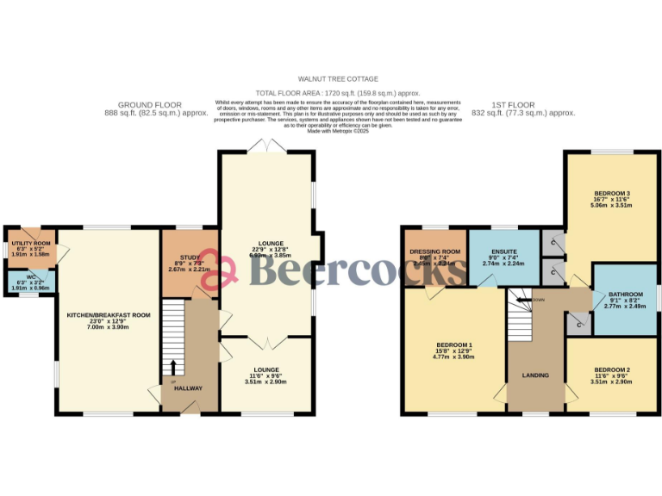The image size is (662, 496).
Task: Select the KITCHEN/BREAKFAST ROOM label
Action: click(109, 315)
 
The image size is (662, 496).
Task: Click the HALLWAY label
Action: click(188, 388)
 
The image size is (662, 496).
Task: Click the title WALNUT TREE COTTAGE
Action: click(331, 78)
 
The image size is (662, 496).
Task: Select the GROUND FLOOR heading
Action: click(156, 103)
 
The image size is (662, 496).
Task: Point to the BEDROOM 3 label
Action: click(611, 194)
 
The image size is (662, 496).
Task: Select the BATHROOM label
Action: click(625, 294)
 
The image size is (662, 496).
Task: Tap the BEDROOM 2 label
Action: click(611, 370)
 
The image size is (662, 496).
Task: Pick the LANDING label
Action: click(535, 375)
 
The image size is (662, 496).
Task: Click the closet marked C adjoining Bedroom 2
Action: click(578, 325)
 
